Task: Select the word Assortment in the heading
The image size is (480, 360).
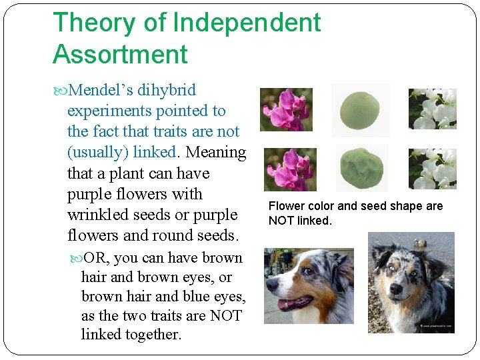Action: pyautogui.click(x=120, y=55)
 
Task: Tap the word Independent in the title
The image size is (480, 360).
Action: pyautogui.click(x=247, y=23)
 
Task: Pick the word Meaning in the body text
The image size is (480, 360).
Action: pyautogui.click(x=216, y=152)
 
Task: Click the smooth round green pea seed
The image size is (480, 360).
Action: pyautogui.click(x=360, y=109)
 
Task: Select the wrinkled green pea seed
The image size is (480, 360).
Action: pyautogui.click(x=360, y=169)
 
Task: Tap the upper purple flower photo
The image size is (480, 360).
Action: pyautogui.click(x=285, y=109)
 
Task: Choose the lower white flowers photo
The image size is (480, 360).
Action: pyautogui.click(x=432, y=169)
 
